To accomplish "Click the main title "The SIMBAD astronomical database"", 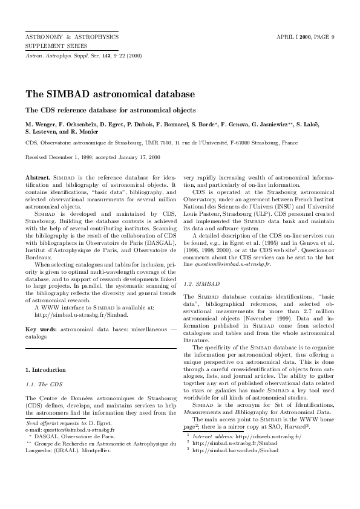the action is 110,95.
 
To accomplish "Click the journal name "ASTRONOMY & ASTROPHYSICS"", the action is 71,37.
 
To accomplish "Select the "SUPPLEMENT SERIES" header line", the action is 56,45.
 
